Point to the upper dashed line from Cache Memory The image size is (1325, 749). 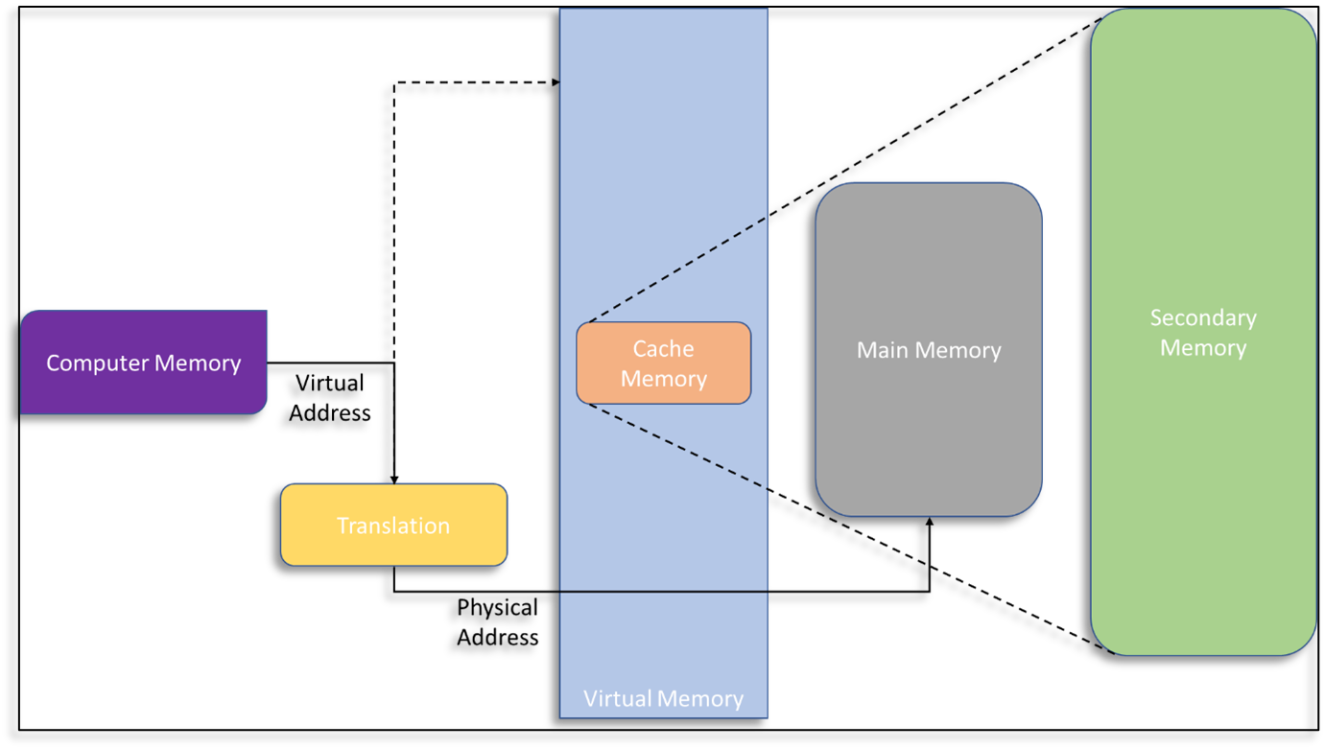point(676,270)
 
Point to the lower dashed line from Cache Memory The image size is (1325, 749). point(676,447)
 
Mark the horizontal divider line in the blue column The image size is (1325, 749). point(664,592)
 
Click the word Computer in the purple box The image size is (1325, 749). point(94,363)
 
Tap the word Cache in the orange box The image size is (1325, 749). point(663,349)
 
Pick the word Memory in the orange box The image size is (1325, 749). point(663,379)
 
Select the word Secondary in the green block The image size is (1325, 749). point(1203,317)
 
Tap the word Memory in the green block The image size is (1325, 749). point(1203,347)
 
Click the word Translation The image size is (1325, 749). point(393,526)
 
